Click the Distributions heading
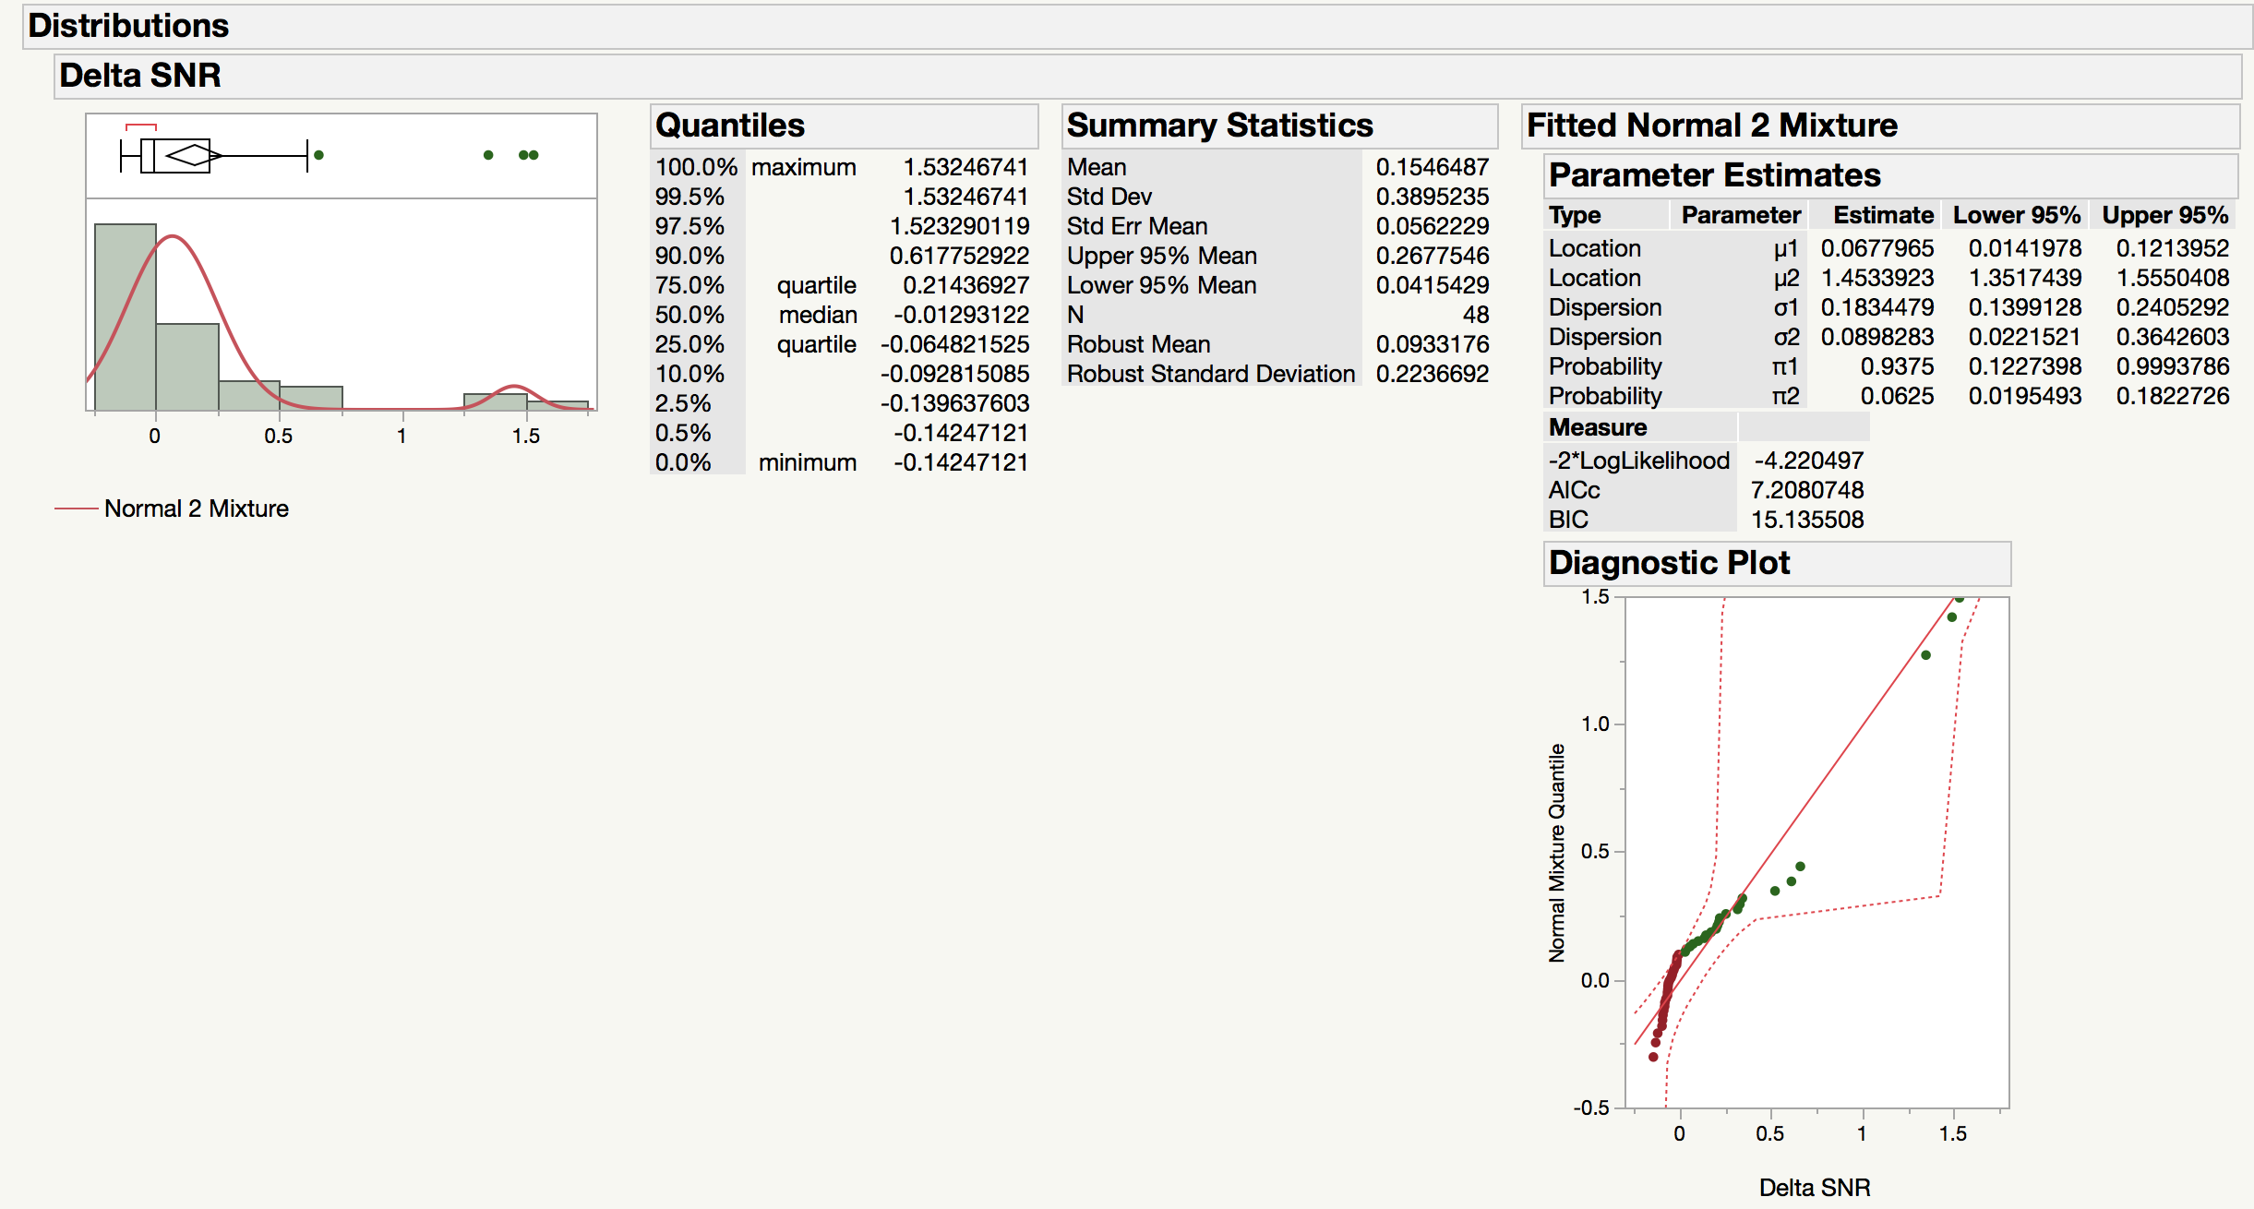[128, 26]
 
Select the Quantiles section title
[729, 126]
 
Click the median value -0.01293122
[961, 315]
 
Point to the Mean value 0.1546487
[1432, 167]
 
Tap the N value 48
[1475, 315]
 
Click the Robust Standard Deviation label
[1210, 374]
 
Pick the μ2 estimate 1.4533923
[1876, 278]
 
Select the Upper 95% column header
[2164, 215]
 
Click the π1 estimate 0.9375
[1896, 366]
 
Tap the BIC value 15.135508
[1807, 520]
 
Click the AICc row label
[1574, 490]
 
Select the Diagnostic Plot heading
[1669, 563]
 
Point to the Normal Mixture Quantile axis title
[1557, 853]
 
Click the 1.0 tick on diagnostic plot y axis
[1595, 724]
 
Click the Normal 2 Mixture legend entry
[196, 509]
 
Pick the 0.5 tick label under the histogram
[278, 436]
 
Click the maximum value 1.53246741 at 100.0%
[965, 167]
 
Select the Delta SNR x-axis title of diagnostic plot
[1814, 1188]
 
